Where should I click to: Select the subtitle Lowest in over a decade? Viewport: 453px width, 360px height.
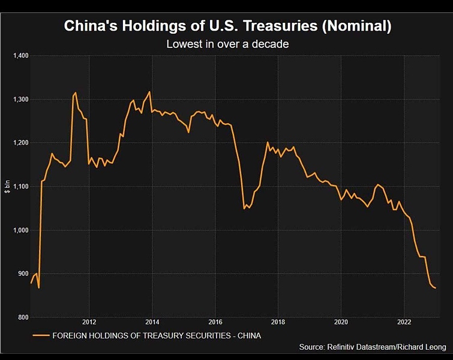coord(227,44)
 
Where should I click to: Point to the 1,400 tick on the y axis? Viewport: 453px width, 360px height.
coord(20,56)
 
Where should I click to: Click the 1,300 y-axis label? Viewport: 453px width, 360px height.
coord(20,100)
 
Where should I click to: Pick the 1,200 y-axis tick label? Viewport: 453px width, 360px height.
coord(20,143)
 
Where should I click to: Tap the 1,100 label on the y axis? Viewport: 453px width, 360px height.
coord(20,187)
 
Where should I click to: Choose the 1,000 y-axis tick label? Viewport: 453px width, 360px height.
coord(20,230)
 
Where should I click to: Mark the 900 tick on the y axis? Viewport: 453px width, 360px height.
coord(22,274)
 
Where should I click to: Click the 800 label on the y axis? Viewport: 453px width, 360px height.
coord(22,317)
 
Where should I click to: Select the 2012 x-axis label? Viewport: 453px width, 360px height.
coord(89,321)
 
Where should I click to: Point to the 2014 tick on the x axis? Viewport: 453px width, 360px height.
coord(152,321)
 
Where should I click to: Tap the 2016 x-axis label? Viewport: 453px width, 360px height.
coord(215,321)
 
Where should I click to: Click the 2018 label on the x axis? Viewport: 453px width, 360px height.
coord(278,321)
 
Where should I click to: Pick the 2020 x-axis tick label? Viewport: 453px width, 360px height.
coord(341,321)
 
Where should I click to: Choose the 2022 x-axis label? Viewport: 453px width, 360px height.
coord(404,321)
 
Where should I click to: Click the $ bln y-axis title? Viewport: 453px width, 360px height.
coord(7,187)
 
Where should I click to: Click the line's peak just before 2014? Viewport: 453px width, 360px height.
coord(149,92)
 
